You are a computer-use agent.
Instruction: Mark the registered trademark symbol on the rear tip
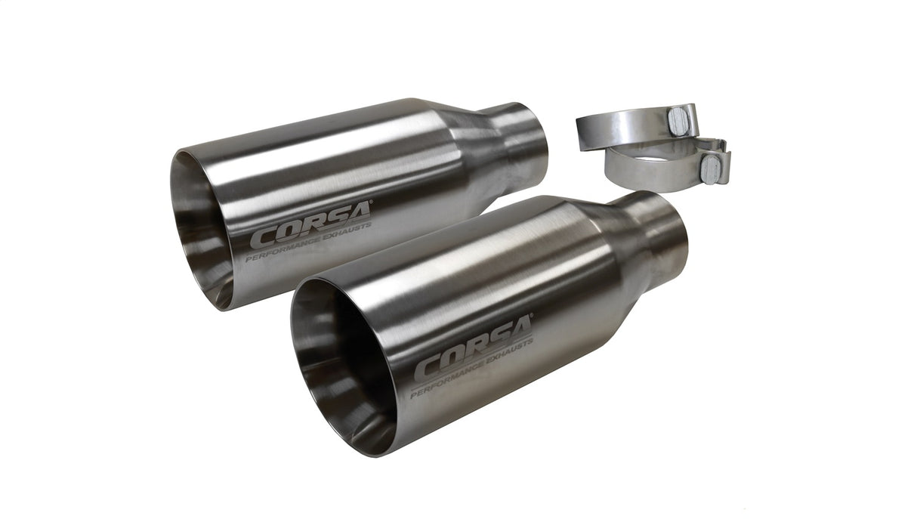pos(369,202)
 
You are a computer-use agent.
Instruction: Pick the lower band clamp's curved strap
pos(650,170)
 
